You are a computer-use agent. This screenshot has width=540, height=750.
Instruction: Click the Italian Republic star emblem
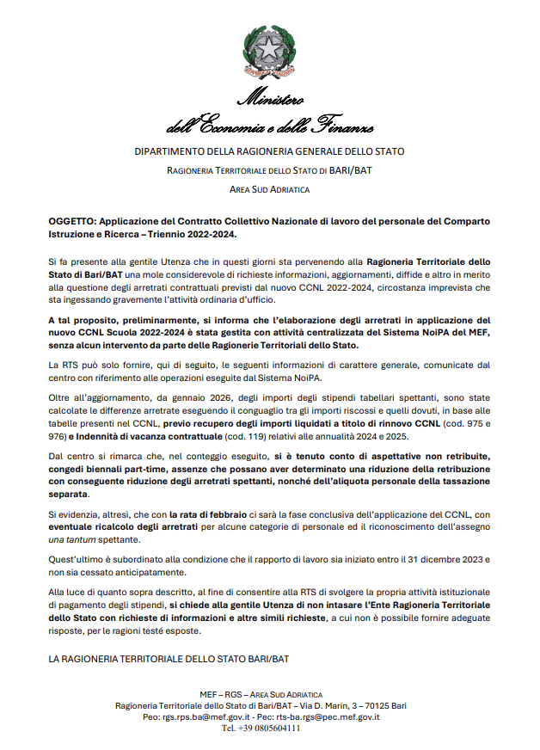point(270,49)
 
